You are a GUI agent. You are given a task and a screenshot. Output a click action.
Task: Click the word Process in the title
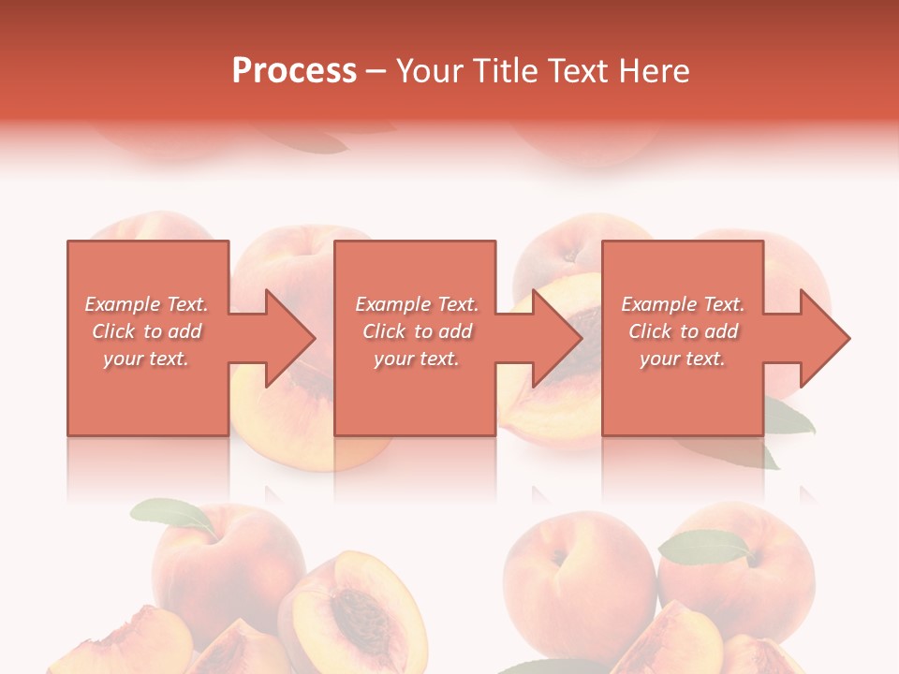point(294,71)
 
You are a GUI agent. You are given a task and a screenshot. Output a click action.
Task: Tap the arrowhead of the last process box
point(823,338)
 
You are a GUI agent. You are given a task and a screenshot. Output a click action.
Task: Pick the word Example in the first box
point(122,304)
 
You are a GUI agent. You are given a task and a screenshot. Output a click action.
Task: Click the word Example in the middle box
point(392,304)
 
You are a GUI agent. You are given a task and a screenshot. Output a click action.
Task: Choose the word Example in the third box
point(658,304)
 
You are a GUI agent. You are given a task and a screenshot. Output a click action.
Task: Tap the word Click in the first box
point(113,331)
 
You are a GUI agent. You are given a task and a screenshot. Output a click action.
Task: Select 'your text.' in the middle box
point(416,359)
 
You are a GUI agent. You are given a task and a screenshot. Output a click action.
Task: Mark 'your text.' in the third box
point(682,359)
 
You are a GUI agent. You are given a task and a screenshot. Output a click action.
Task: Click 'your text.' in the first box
point(145,359)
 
